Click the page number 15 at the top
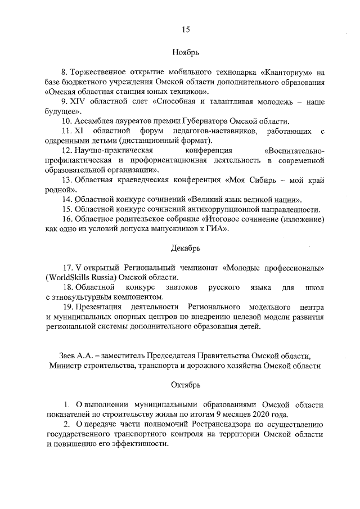pyautogui.click(x=185, y=30)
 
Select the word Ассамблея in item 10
pyautogui.click(x=93, y=121)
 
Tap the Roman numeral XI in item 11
pyautogui.click(x=79, y=131)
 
